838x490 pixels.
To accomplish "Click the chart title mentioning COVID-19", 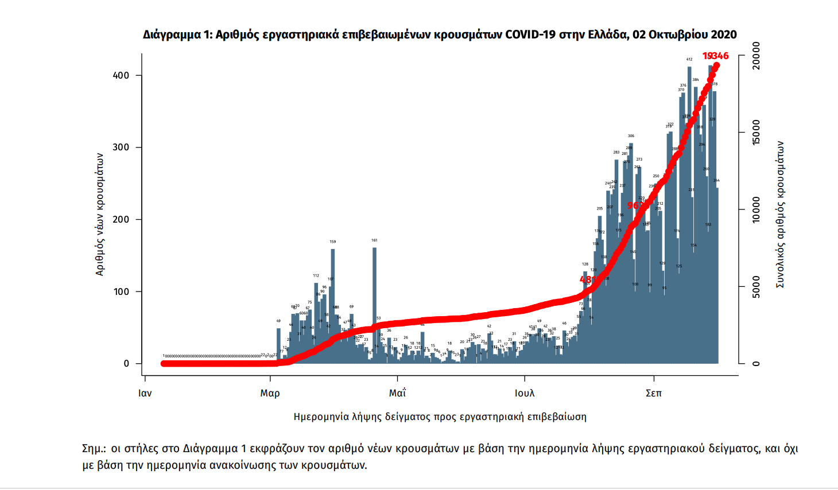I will pyautogui.click(x=440, y=34).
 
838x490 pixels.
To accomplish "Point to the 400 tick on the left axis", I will pyautogui.click(x=121, y=75).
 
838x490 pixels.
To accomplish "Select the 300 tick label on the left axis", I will pyautogui.click(x=121, y=147).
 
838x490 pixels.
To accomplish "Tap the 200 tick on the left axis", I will pyautogui.click(x=121, y=220).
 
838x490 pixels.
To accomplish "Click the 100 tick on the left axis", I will pyautogui.click(x=121, y=291).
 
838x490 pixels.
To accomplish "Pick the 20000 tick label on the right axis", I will pyautogui.click(x=756, y=56).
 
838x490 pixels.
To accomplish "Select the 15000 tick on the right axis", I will pyautogui.click(x=756, y=133).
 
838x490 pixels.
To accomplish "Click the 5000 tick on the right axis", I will pyautogui.click(x=756, y=287).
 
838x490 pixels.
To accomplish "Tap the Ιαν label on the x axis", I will pyautogui.click(x=145, y=393).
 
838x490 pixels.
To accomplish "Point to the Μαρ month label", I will pyautogui.click(x=270, y=393).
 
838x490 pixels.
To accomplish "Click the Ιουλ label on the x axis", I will pyautogui.click(x=524, y=393).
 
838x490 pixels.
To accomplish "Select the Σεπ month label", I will pyautogui.click(x=653, y=393).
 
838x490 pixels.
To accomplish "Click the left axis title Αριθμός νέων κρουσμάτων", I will pyautogui.click(x=100, y=214).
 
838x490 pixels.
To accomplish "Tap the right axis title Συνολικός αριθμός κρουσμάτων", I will pyautogui.click(x=780, y=214).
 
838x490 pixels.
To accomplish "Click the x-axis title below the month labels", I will pyautogui.click(x=440, y=417).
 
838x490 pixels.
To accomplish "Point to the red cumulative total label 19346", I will pyautogui.click(x=716, y=56).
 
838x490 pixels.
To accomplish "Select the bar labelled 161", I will pyautogui.click(x=374, y=304).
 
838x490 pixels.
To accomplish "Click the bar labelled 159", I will pyautogui.click(x=333, y=304).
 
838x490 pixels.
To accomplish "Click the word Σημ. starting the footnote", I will pyautogui.click(x=94, y=449).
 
